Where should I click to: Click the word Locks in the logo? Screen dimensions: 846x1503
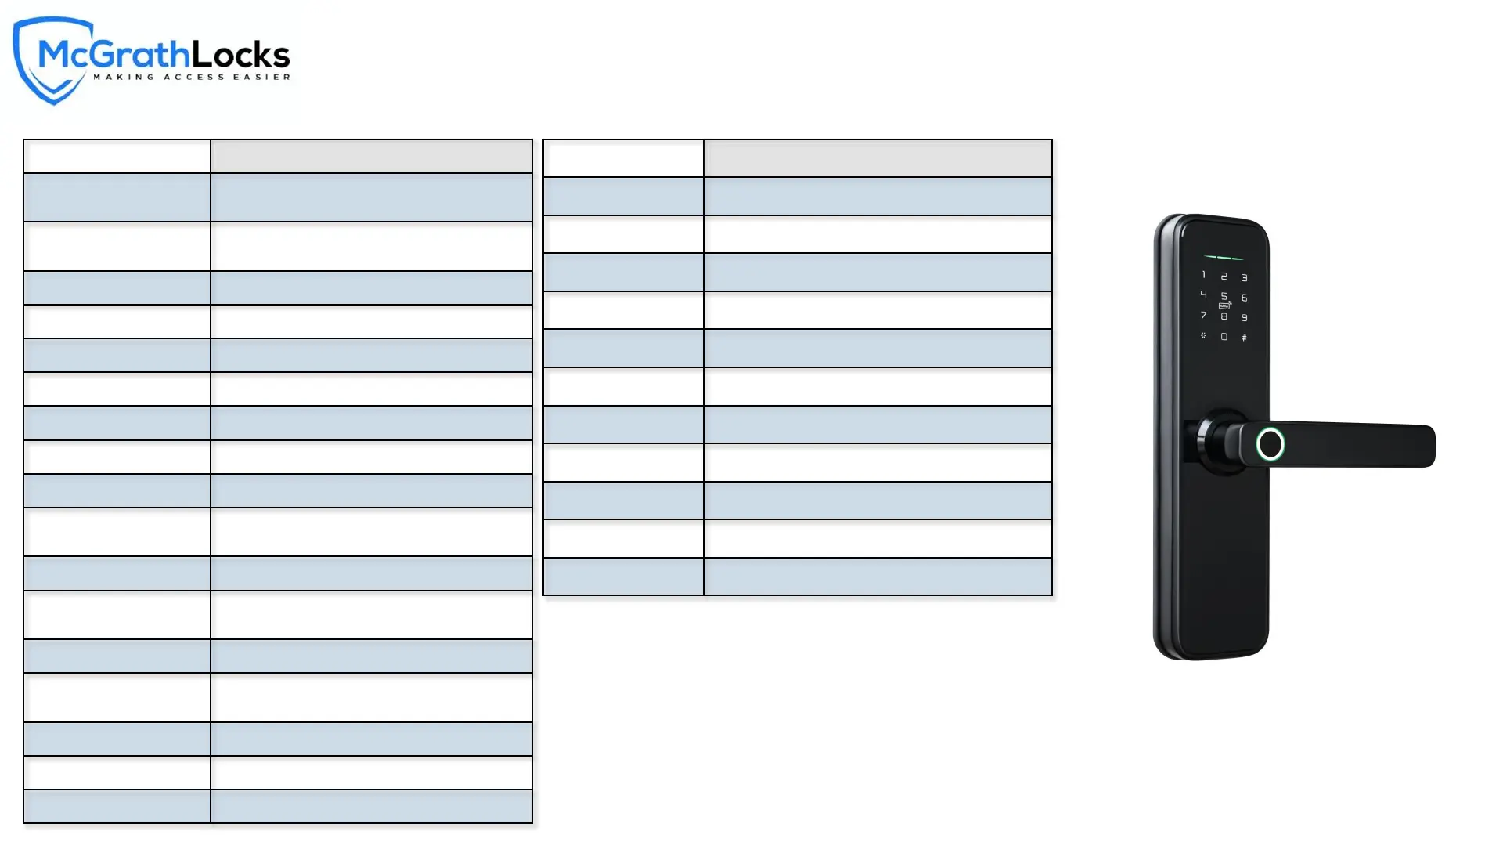pyautogui.click(x=241, y=55)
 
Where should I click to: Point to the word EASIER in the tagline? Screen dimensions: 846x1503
pyautogui.click(x=262, y=77)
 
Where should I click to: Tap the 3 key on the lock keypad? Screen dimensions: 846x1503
pyautogui.click(x=1245, y=278)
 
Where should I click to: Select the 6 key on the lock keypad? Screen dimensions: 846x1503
pyautogui.click(x=1245, y=298)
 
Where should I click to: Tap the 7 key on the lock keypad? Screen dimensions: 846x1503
pyautogui.click(x=1204, y=315)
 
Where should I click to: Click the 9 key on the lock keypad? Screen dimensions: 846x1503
pyautogui.click(x=1245, y=318)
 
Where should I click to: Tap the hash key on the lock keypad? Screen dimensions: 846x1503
pyautogui.click(x=1245, y=338)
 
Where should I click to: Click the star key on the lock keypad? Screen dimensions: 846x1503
pyautogui.click(x=1204, y=335)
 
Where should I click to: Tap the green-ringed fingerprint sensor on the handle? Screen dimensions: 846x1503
pyautogui.click(x=1271, y=444)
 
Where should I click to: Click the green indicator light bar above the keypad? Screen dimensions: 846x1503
pyautogui.click(x=1224, y=258)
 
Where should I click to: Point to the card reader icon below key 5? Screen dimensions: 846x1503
pyautogui.click(x=1224, y=306)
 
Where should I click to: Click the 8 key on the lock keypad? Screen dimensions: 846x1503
pyautogui.click(x=1224, y=316)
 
